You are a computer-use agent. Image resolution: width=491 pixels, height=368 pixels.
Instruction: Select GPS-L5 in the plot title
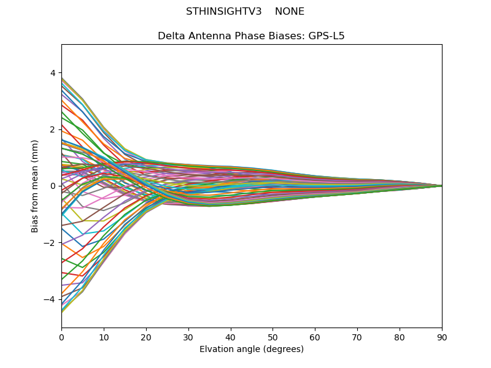(x=327, y=36)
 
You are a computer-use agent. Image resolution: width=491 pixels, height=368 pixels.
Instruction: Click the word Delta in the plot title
(x=171, y=36)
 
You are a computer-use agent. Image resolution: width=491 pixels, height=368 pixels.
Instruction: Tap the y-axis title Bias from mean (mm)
(x=35, y=186)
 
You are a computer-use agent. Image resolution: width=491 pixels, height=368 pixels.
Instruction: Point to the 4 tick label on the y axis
(x=52, y=73)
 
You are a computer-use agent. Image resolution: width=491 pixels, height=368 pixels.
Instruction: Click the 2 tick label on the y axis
(x=52, y=129)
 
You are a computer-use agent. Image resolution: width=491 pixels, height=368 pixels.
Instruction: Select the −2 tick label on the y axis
(x=50, y=242)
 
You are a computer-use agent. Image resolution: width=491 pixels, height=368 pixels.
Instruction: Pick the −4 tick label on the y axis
(x=50, y=299)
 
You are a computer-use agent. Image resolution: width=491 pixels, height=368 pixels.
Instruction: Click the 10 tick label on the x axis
(x=104, y=337)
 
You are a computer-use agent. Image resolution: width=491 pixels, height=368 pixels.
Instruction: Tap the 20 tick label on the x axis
(x=146, y=337)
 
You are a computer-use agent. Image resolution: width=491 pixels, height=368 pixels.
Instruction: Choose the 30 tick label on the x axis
(x=188, y=337)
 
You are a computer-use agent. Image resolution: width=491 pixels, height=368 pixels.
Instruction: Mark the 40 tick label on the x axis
(x=231, y=337)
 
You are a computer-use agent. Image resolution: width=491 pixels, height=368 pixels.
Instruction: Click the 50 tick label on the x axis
(x=273, y=337)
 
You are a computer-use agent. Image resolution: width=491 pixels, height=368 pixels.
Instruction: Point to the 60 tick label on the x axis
(x=315, y=337)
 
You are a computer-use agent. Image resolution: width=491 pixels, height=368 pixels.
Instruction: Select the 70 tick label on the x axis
(x=357, y=337)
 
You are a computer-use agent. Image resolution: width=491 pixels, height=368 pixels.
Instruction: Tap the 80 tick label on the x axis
(x=400, y=337)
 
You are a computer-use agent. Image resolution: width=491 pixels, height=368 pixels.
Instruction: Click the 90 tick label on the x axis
(x=442, y=337)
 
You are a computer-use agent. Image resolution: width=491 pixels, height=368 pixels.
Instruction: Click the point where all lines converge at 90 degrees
(x=441, y=186)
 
